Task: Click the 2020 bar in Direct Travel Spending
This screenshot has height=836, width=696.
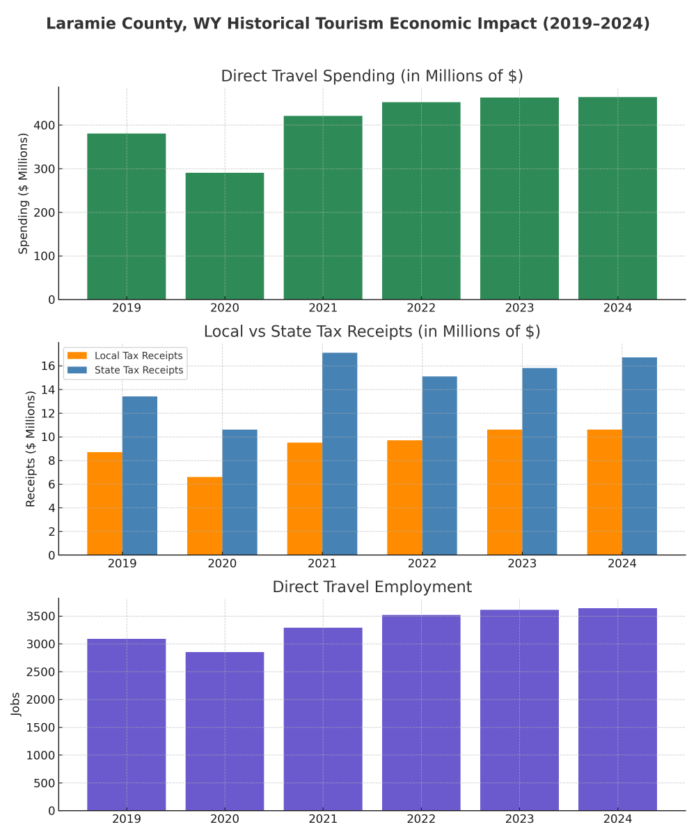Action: [224, 236]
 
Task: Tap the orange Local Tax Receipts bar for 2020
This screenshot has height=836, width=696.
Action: [205, 516]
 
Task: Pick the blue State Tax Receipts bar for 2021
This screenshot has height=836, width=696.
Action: [340, 454]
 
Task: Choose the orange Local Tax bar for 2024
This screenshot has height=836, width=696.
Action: [604, 492]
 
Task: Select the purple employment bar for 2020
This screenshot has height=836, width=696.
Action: [224, 731]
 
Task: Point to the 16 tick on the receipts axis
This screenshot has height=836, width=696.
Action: [48, 366]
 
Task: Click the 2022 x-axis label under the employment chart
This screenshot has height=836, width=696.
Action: [421, 819]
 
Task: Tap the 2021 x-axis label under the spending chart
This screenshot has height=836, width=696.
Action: [323, 308]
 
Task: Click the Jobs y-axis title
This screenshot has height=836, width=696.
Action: [16, 704]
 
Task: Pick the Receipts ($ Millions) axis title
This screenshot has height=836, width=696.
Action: [31, 449]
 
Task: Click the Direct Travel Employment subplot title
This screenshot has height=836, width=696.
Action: [372, 587]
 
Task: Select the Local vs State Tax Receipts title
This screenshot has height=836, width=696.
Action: [372, 332]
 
